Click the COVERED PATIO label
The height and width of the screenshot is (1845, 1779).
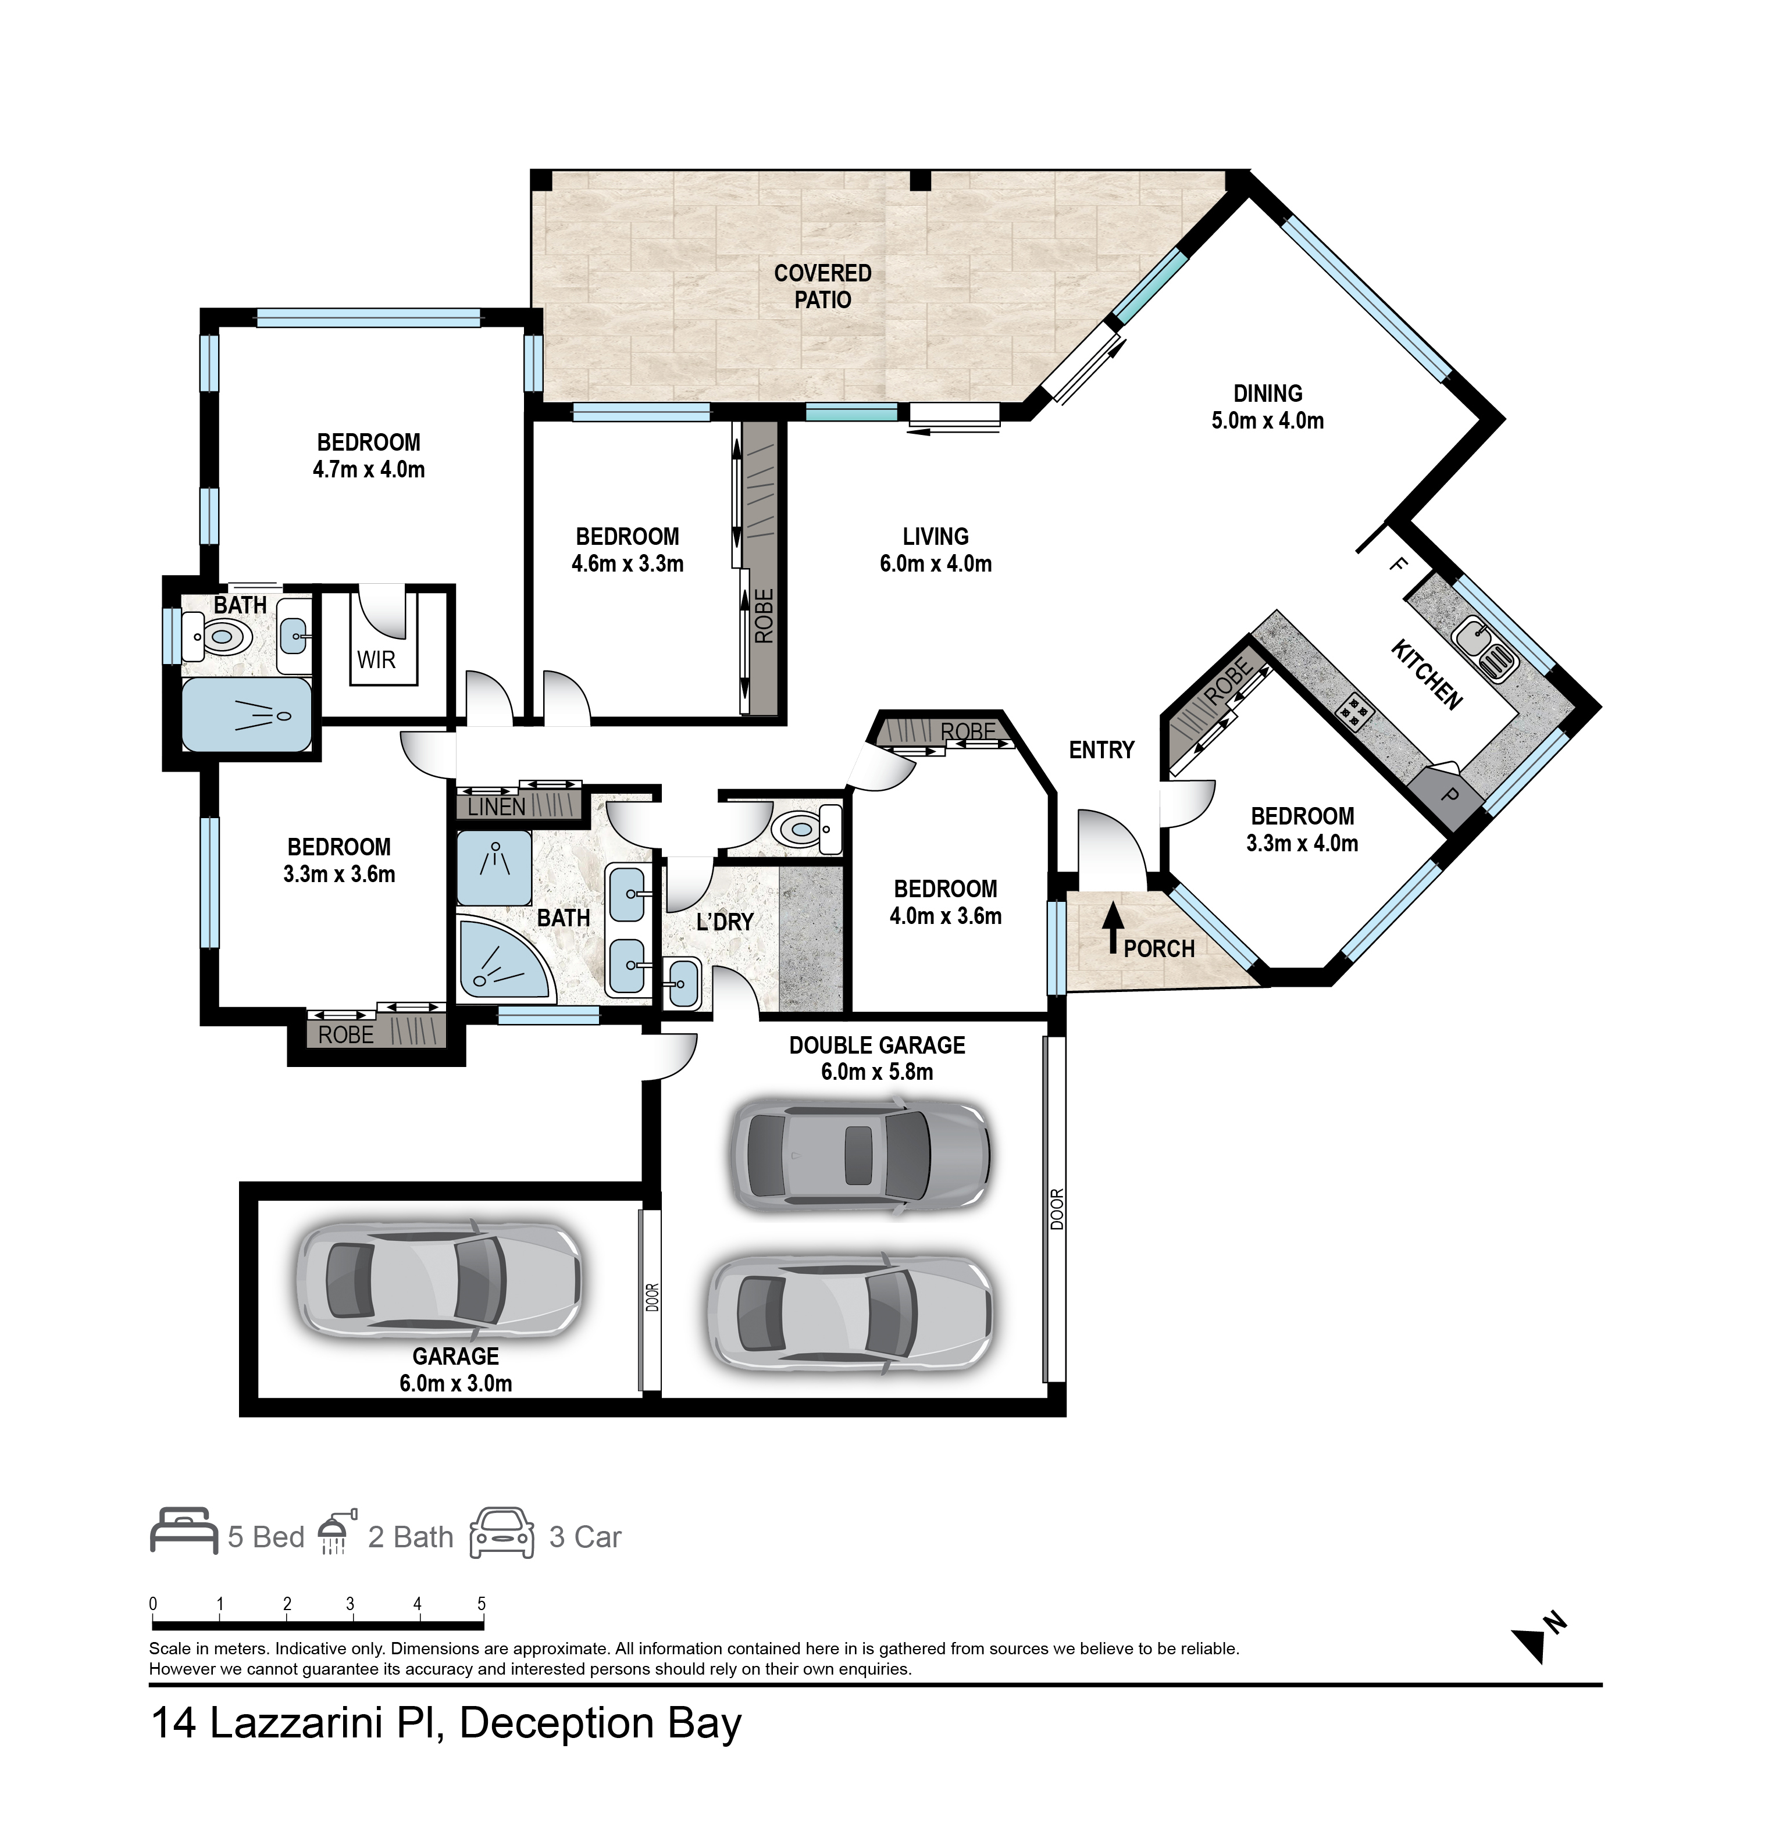point(823,286)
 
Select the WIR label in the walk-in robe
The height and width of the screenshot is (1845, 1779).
point(376,660)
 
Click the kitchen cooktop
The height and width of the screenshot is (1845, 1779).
point(1354,712)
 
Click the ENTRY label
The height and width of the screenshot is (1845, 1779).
point(1101,750)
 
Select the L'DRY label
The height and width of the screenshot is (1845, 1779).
point(725,922)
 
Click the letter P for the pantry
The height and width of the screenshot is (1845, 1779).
point(1450,795)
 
